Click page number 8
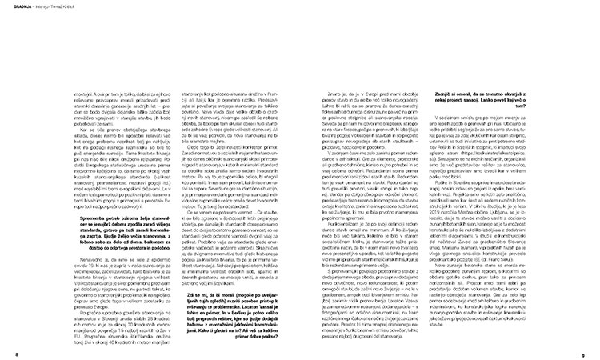click(6, 354)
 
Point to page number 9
click(593, 354)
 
